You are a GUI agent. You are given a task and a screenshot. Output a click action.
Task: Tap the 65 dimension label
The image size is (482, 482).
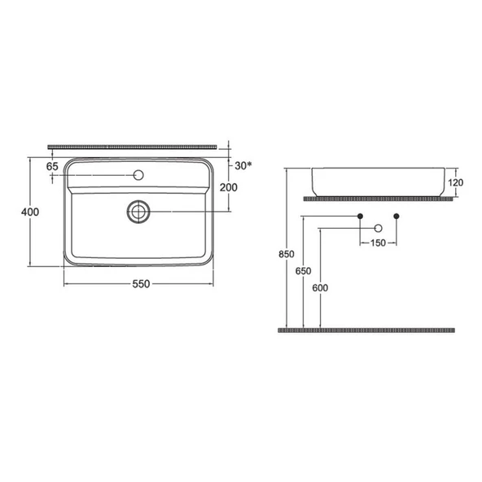pyautogui.click(x=53, y=166)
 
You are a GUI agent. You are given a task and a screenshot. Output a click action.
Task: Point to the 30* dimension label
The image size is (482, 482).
pyautogui.click(x=243, y=166)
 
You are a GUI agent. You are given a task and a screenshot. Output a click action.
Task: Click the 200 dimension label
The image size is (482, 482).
pyautogui.click(x=230, y=187)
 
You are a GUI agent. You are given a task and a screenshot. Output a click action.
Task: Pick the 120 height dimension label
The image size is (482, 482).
pyautogui.click(x=456, y=182)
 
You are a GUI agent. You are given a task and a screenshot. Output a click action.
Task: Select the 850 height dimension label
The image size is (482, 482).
pyautogui.click(x=286, y=255)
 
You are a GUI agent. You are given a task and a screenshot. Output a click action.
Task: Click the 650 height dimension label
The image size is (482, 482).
pyautogui.click(x=303, y=271)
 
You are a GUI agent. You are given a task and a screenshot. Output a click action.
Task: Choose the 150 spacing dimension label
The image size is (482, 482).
pyautogui.click(x=379, y=243)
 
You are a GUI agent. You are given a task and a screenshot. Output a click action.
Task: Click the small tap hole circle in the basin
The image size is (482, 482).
pyautogui.click(x=139, y=174)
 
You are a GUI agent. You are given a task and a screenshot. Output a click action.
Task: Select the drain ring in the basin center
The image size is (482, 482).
pyautogui.click(x=139, y=212)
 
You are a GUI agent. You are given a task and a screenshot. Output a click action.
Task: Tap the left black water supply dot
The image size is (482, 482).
pyautogui.click(x=361, y=216)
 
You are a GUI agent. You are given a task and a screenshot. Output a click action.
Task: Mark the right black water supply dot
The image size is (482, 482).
pyautogui.click(x=397, y=216)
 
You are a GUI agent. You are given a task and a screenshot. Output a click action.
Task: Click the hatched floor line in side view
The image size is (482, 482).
pyautogui.click(x=366, y=331)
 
